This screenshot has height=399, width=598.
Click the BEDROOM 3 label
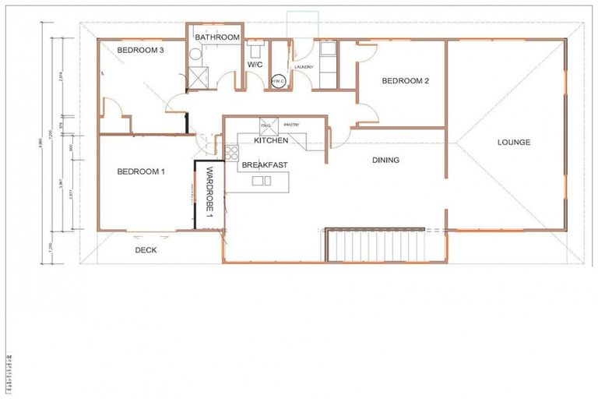tap(140, 51)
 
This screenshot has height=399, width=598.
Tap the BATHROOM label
tap(217, 37)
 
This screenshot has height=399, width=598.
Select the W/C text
tap(254, 65)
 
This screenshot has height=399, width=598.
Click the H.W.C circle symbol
tap(279, 79)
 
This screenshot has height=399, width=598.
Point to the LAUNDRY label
tap(304, 67)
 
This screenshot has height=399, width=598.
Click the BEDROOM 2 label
tap(405, 80)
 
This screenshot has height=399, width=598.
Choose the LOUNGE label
tap(514, 142)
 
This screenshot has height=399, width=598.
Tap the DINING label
tap(385, 161)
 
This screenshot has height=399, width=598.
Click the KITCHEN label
tap(271, 141)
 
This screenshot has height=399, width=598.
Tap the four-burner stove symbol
tap(231, 152)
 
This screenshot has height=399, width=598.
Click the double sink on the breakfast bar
tap(261, 181)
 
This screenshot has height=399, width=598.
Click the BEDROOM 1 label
tap(140, 172)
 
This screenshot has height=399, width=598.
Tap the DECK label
tap(146, 250)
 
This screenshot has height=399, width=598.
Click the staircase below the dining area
tap(374, 245)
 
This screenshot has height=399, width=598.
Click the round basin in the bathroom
tap(194, 54)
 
